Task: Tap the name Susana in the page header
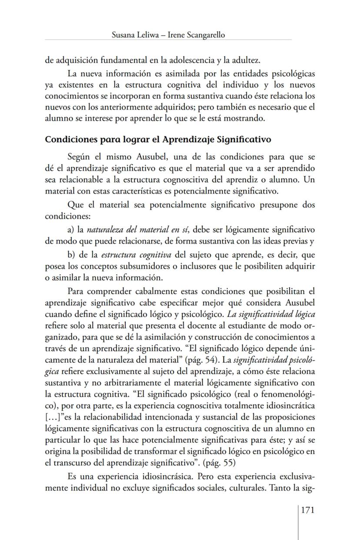click(x=123, y=35)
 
